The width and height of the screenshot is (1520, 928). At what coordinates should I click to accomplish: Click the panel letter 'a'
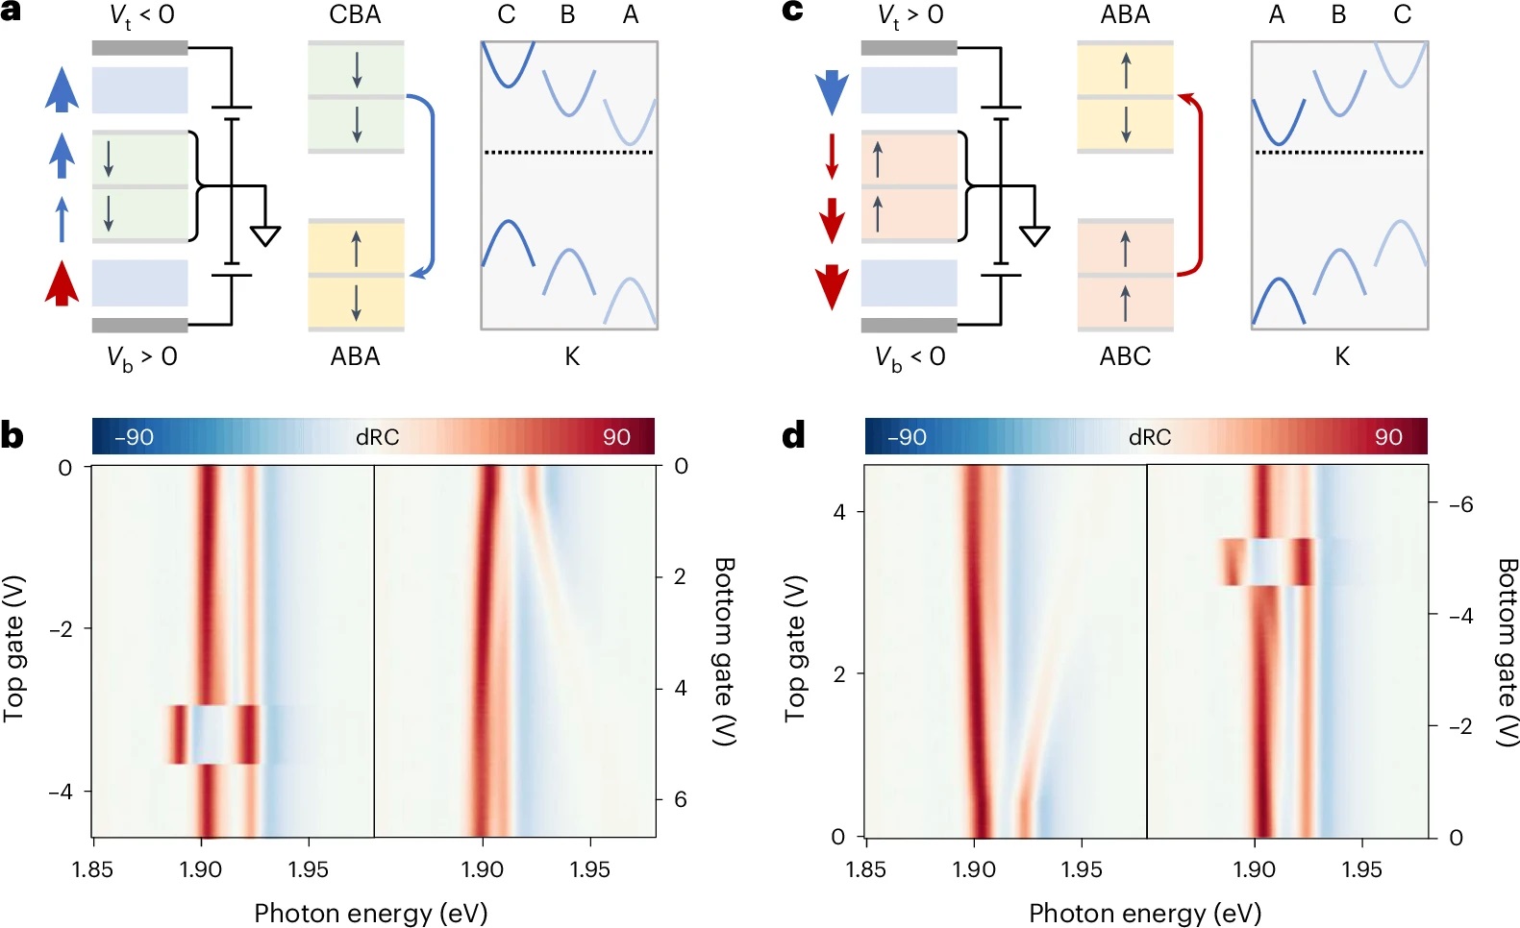tap(12, 12)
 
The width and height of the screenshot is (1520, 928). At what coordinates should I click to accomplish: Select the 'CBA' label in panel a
tap(355, 14)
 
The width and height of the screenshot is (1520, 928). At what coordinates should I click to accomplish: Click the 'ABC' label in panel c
tap(1125, 356)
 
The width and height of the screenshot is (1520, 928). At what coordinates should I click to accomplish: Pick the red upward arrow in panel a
tap(62, 282)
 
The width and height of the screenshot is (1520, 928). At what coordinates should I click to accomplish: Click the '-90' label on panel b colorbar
tap(134, 437)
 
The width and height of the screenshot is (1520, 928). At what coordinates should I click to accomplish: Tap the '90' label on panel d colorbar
tap(1388, 437)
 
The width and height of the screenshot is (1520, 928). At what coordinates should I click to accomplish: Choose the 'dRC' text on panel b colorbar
tap(377, 437)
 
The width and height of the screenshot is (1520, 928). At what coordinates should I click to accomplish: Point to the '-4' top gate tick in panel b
tap(61, 792)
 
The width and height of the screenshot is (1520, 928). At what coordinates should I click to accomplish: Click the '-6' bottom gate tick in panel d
tap(1459, 504)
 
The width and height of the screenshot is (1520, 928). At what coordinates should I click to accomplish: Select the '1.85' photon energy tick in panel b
tap(92, 869)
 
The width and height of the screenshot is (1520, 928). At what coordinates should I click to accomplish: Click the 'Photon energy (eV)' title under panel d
tap(1145, 913)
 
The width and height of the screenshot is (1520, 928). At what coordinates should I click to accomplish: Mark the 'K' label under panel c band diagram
tap(1342, 356)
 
